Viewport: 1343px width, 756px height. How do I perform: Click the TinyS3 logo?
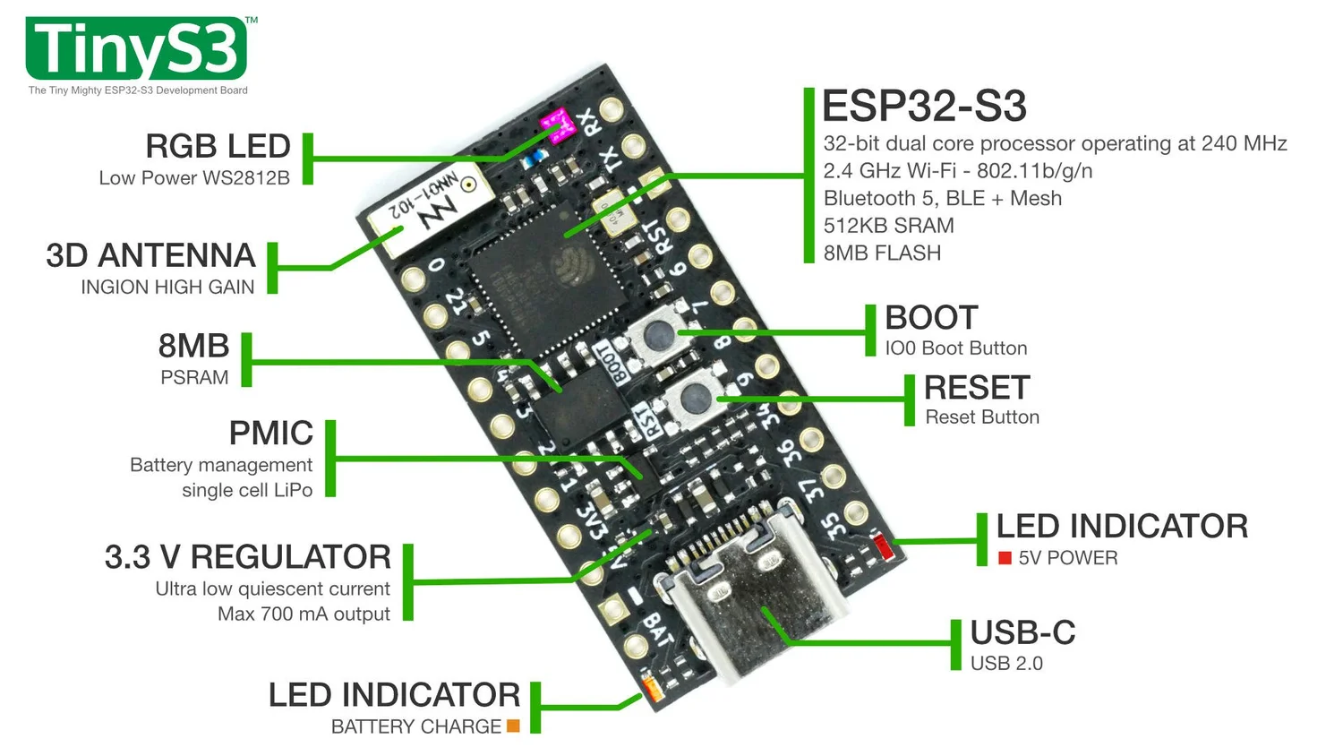click(x=137, y=49)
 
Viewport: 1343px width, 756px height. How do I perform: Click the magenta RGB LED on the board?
click(x=557, y=126)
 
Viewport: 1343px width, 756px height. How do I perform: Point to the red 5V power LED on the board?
click(x=884, y=546)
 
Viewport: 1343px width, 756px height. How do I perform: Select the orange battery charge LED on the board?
click(x=651, y=689)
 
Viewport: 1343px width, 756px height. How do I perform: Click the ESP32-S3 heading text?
click(x=924, y=107)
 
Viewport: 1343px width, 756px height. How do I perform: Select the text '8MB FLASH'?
click(x=882, y=253)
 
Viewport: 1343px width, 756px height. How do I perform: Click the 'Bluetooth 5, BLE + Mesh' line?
click(x=942, y=198)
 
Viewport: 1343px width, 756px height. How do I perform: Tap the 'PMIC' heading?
click(x=270, y=434)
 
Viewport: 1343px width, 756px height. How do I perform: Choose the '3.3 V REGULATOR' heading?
click(x=247, y=557)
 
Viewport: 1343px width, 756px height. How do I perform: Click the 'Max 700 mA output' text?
click(x=304, y=614)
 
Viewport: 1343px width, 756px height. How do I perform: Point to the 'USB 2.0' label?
click(x=1006, y=664)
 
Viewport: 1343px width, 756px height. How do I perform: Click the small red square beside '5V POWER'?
click(x=1005, y=558)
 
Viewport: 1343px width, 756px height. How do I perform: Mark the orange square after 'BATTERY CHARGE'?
click(x=513, y=726)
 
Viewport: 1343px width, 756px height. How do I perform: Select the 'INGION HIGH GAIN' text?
click(x=167, y=288)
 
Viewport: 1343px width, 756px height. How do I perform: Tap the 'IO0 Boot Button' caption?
click(x=955, y=348)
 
